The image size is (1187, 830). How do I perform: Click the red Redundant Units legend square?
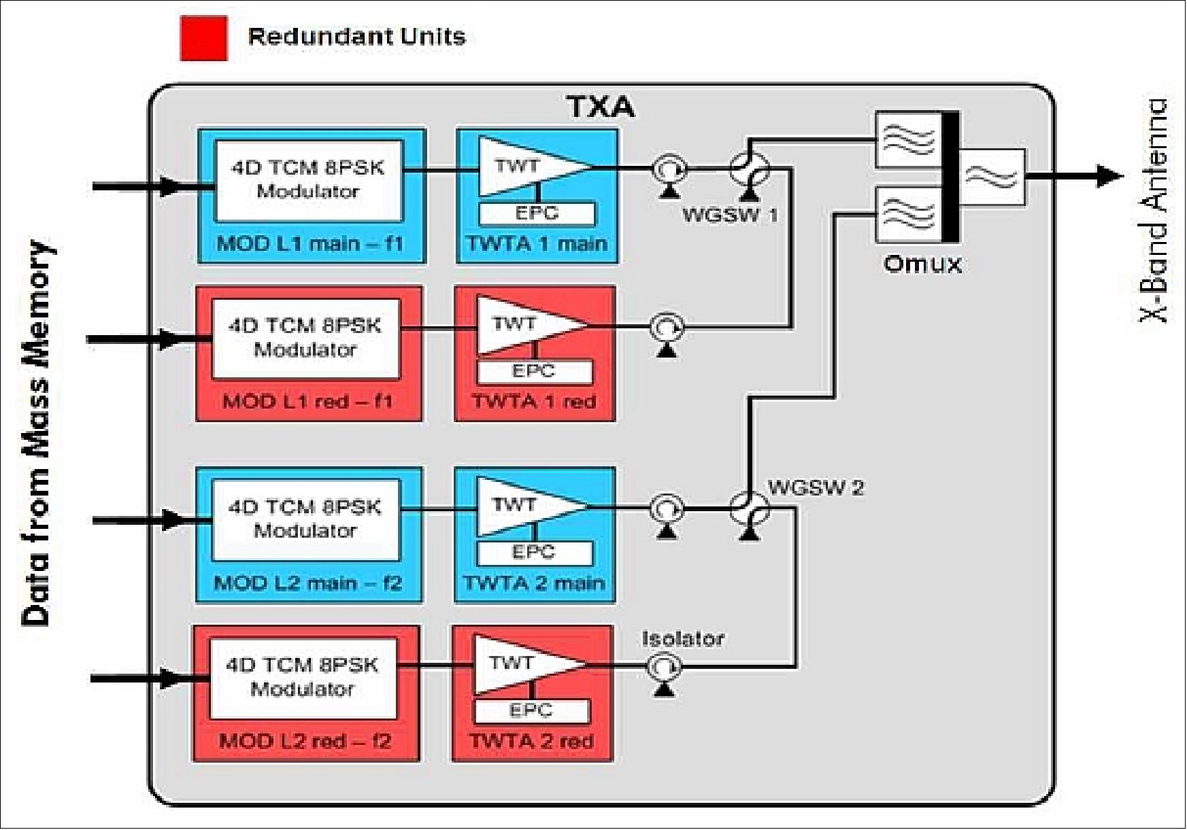click(x=203, y=39)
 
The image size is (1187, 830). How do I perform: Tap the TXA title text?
click(x=600, y=107)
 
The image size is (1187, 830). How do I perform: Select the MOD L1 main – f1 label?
click(x=310, y=243)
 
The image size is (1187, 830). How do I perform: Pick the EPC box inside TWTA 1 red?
click(x=534, y=372)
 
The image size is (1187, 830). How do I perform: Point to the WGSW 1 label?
click(x=729, y=215)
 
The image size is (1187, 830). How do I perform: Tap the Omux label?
click(x=922, y=264)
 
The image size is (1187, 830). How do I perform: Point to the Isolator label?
click(x=682, y=638)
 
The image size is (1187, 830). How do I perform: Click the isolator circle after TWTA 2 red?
click(x=664, y=667)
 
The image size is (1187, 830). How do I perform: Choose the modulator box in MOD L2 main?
click(x=305, y=519)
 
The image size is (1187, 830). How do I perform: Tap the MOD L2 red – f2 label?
click(x=305, y=740)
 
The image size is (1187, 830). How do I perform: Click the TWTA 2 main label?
click(x=534, y=583)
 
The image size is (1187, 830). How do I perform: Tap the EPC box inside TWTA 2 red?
click(x=531, y=711)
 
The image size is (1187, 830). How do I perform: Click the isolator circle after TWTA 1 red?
click(x=667, y=328)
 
